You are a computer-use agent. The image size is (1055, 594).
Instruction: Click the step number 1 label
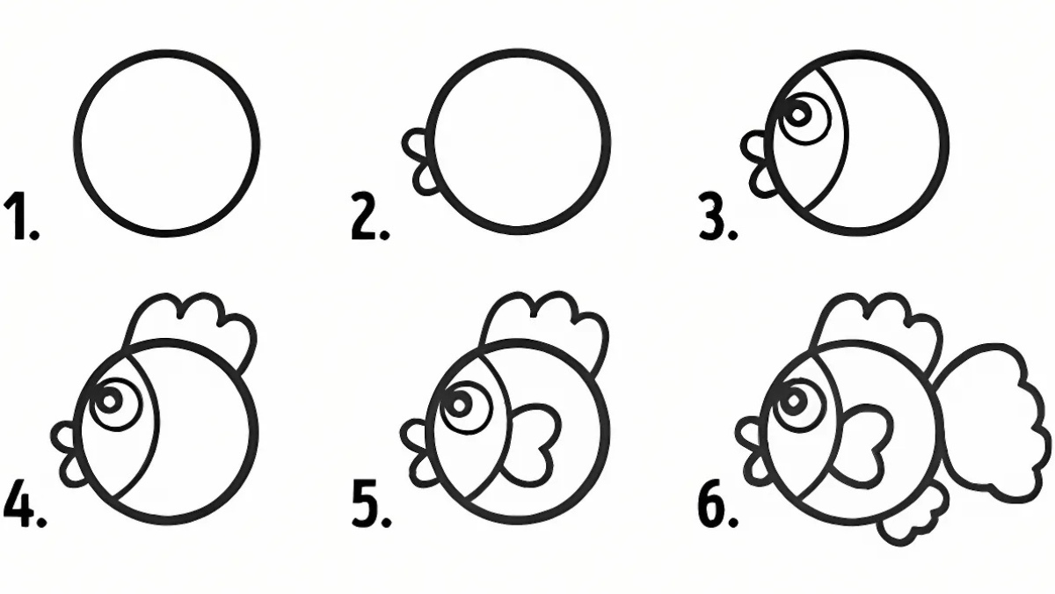(x=21, y=216)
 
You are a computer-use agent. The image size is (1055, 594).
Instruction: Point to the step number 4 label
(x=25, y=503)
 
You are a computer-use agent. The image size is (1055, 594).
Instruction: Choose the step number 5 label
(x=372, y=503)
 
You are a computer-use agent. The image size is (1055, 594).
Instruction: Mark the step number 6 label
(x=717, y=503)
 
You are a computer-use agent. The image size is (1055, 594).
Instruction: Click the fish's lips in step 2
(x=418, y=162)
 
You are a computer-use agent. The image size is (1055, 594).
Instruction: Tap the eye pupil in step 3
(x=798, y=114)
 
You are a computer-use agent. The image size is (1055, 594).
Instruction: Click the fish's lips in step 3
(x=757, y=165)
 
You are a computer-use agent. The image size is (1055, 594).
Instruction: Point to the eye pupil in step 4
(x=109, y=400)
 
